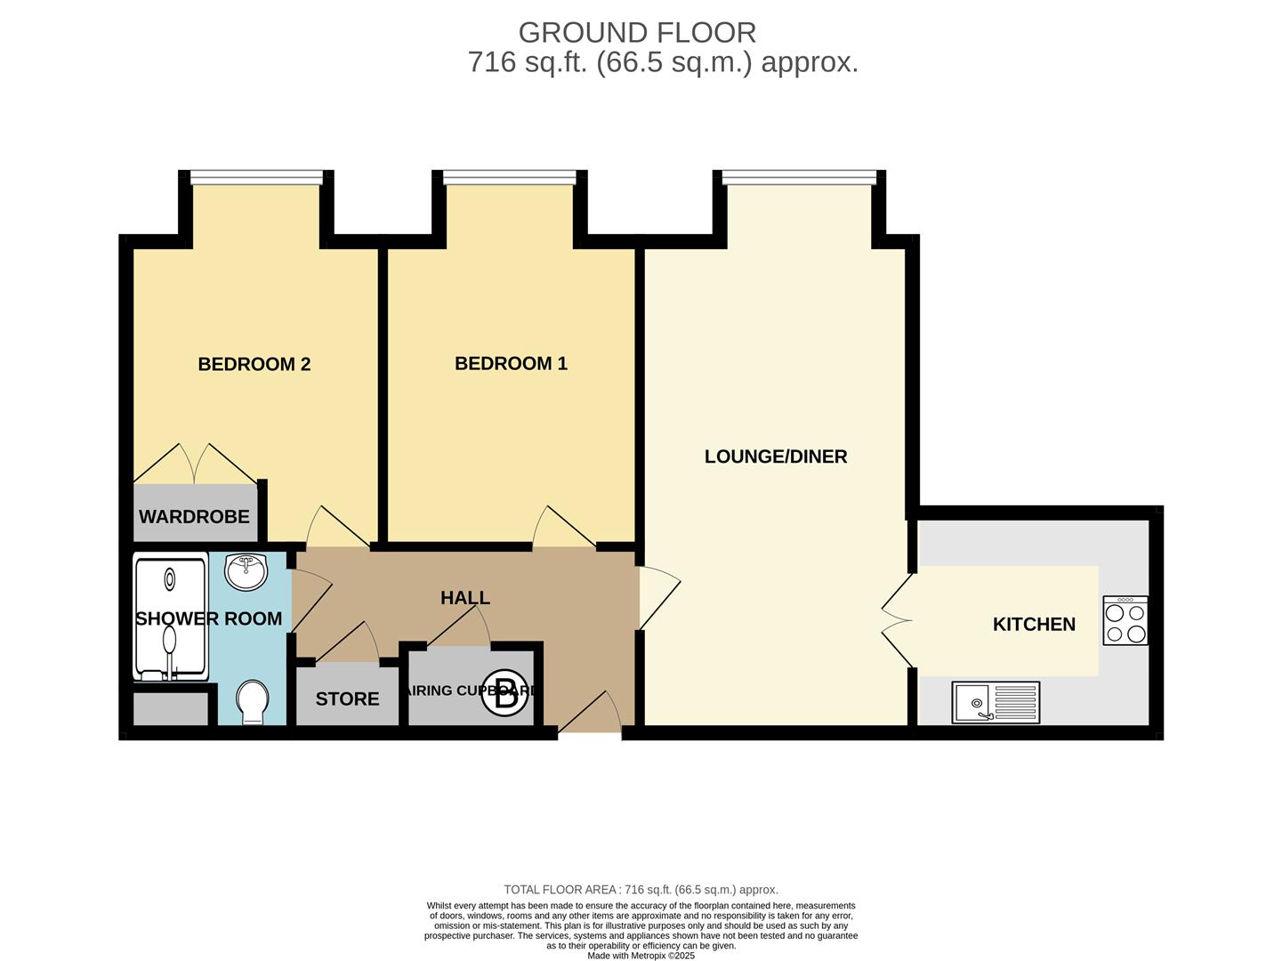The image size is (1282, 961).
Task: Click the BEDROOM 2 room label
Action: (x=254, y=364)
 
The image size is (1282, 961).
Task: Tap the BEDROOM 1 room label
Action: (x=511, y=363)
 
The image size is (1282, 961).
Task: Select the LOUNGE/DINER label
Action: (x=776, y=456)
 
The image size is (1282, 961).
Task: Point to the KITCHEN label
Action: (x=1034, y=625)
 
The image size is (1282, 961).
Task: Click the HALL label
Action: (x=465, y=598)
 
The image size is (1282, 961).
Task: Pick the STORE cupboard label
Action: (x=347, y=699)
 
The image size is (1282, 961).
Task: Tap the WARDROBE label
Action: (x=194, y=517)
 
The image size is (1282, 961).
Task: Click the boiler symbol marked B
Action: (x=504, y=696)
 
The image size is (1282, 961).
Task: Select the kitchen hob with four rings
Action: (x=1125, y=621)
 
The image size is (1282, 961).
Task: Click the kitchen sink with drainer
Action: (x=996, y=703)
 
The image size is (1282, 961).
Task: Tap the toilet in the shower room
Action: (x=254, y=701)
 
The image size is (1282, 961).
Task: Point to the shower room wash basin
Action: (x=246, y=572)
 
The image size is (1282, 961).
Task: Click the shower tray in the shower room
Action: (x=170, y=617)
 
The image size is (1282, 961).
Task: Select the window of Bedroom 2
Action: (x=256, y=177)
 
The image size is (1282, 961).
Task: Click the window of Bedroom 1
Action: (x=510, y=177)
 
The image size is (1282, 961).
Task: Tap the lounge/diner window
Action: (x=799, y=177)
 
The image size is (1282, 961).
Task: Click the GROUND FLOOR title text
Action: (x=637, y=33)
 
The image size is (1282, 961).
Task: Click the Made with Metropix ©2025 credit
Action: (x=641, y=956)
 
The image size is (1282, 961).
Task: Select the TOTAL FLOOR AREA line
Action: (x=641, y=890)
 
